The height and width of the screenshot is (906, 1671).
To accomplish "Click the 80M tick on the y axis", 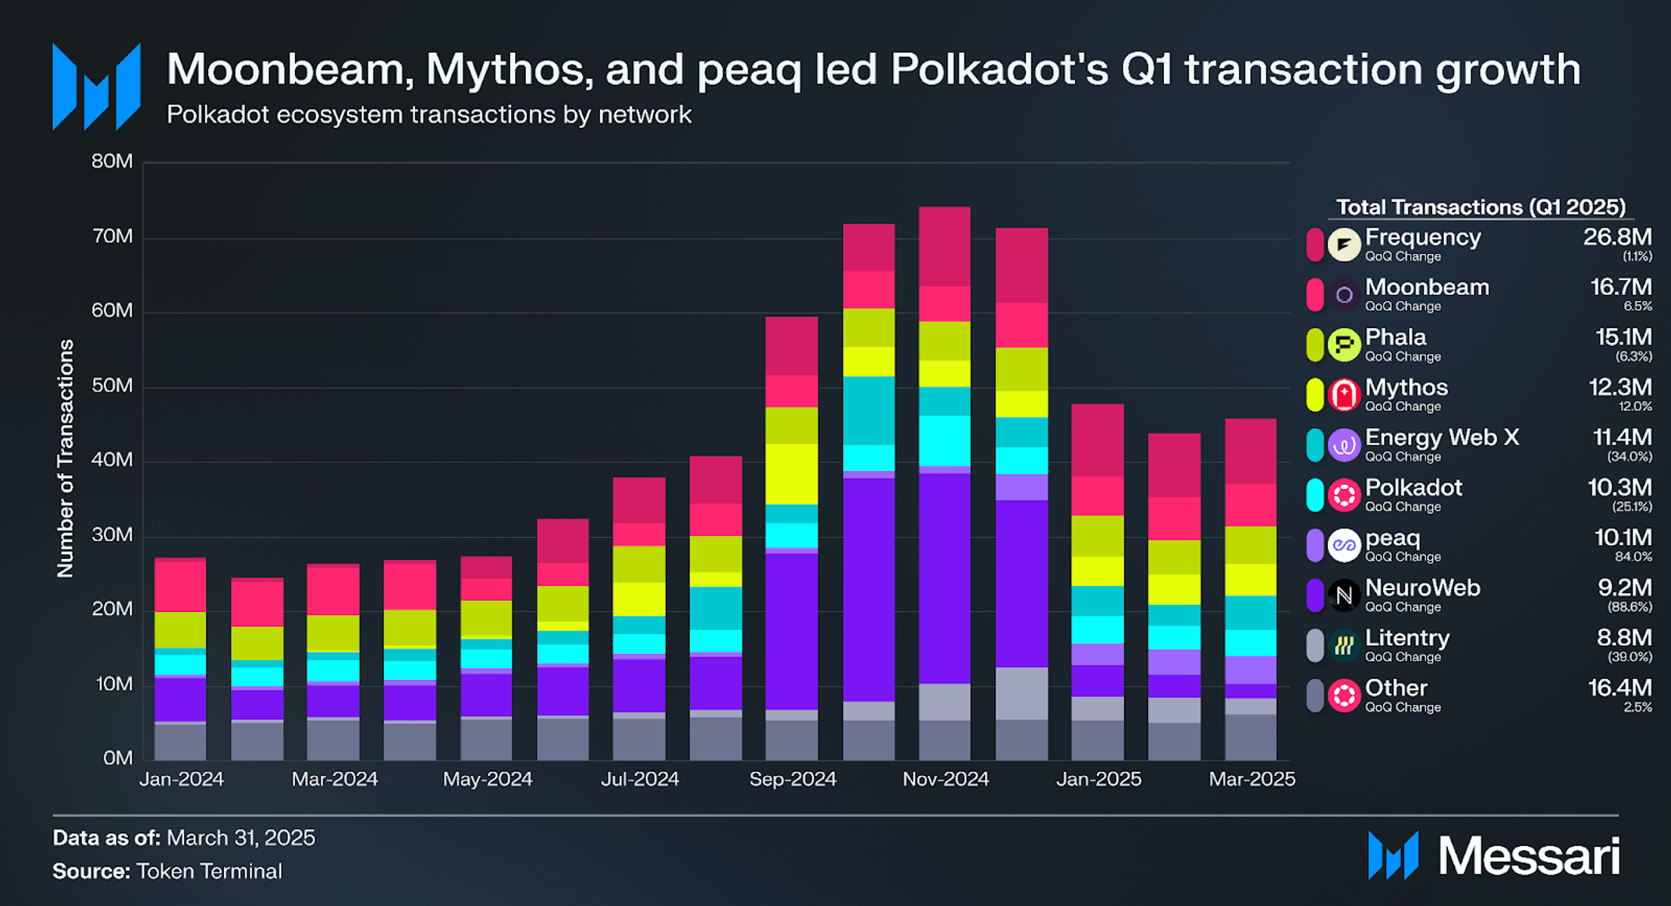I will [x=112, y=161].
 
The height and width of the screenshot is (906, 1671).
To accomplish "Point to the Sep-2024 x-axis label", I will [x=792, y=779].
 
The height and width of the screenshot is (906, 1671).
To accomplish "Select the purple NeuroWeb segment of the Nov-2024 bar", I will [x=944, y=577].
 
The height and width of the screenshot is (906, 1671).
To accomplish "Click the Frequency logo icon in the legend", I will [x=1343, y=245].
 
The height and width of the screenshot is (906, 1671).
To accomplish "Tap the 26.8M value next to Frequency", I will [x=1616, y=237].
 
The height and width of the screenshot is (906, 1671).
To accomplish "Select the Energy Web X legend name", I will [x=1442, y=437].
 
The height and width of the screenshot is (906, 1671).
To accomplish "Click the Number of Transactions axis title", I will [x=66, y=458].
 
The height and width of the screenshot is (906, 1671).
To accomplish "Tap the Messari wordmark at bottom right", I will [x=1528, y=856].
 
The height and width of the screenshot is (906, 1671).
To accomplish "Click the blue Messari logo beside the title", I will [x=96, y=87].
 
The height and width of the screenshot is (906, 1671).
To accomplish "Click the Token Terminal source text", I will [x=208, y=871].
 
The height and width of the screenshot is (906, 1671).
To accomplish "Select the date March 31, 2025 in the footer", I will [x=240, y=837].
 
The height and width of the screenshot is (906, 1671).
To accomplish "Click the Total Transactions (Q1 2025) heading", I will [x=1480, y=207].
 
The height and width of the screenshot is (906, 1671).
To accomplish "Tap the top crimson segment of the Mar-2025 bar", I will [x=1251, y=451].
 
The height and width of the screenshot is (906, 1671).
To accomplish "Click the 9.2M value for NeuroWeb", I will [x=1624, y=588].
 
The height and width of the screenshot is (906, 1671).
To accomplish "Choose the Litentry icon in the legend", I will [x=1343, y=646].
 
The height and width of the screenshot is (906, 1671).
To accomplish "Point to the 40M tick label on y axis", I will [x=112, y=460].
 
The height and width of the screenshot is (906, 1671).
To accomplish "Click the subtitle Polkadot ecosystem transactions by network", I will [x=428, y=115].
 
